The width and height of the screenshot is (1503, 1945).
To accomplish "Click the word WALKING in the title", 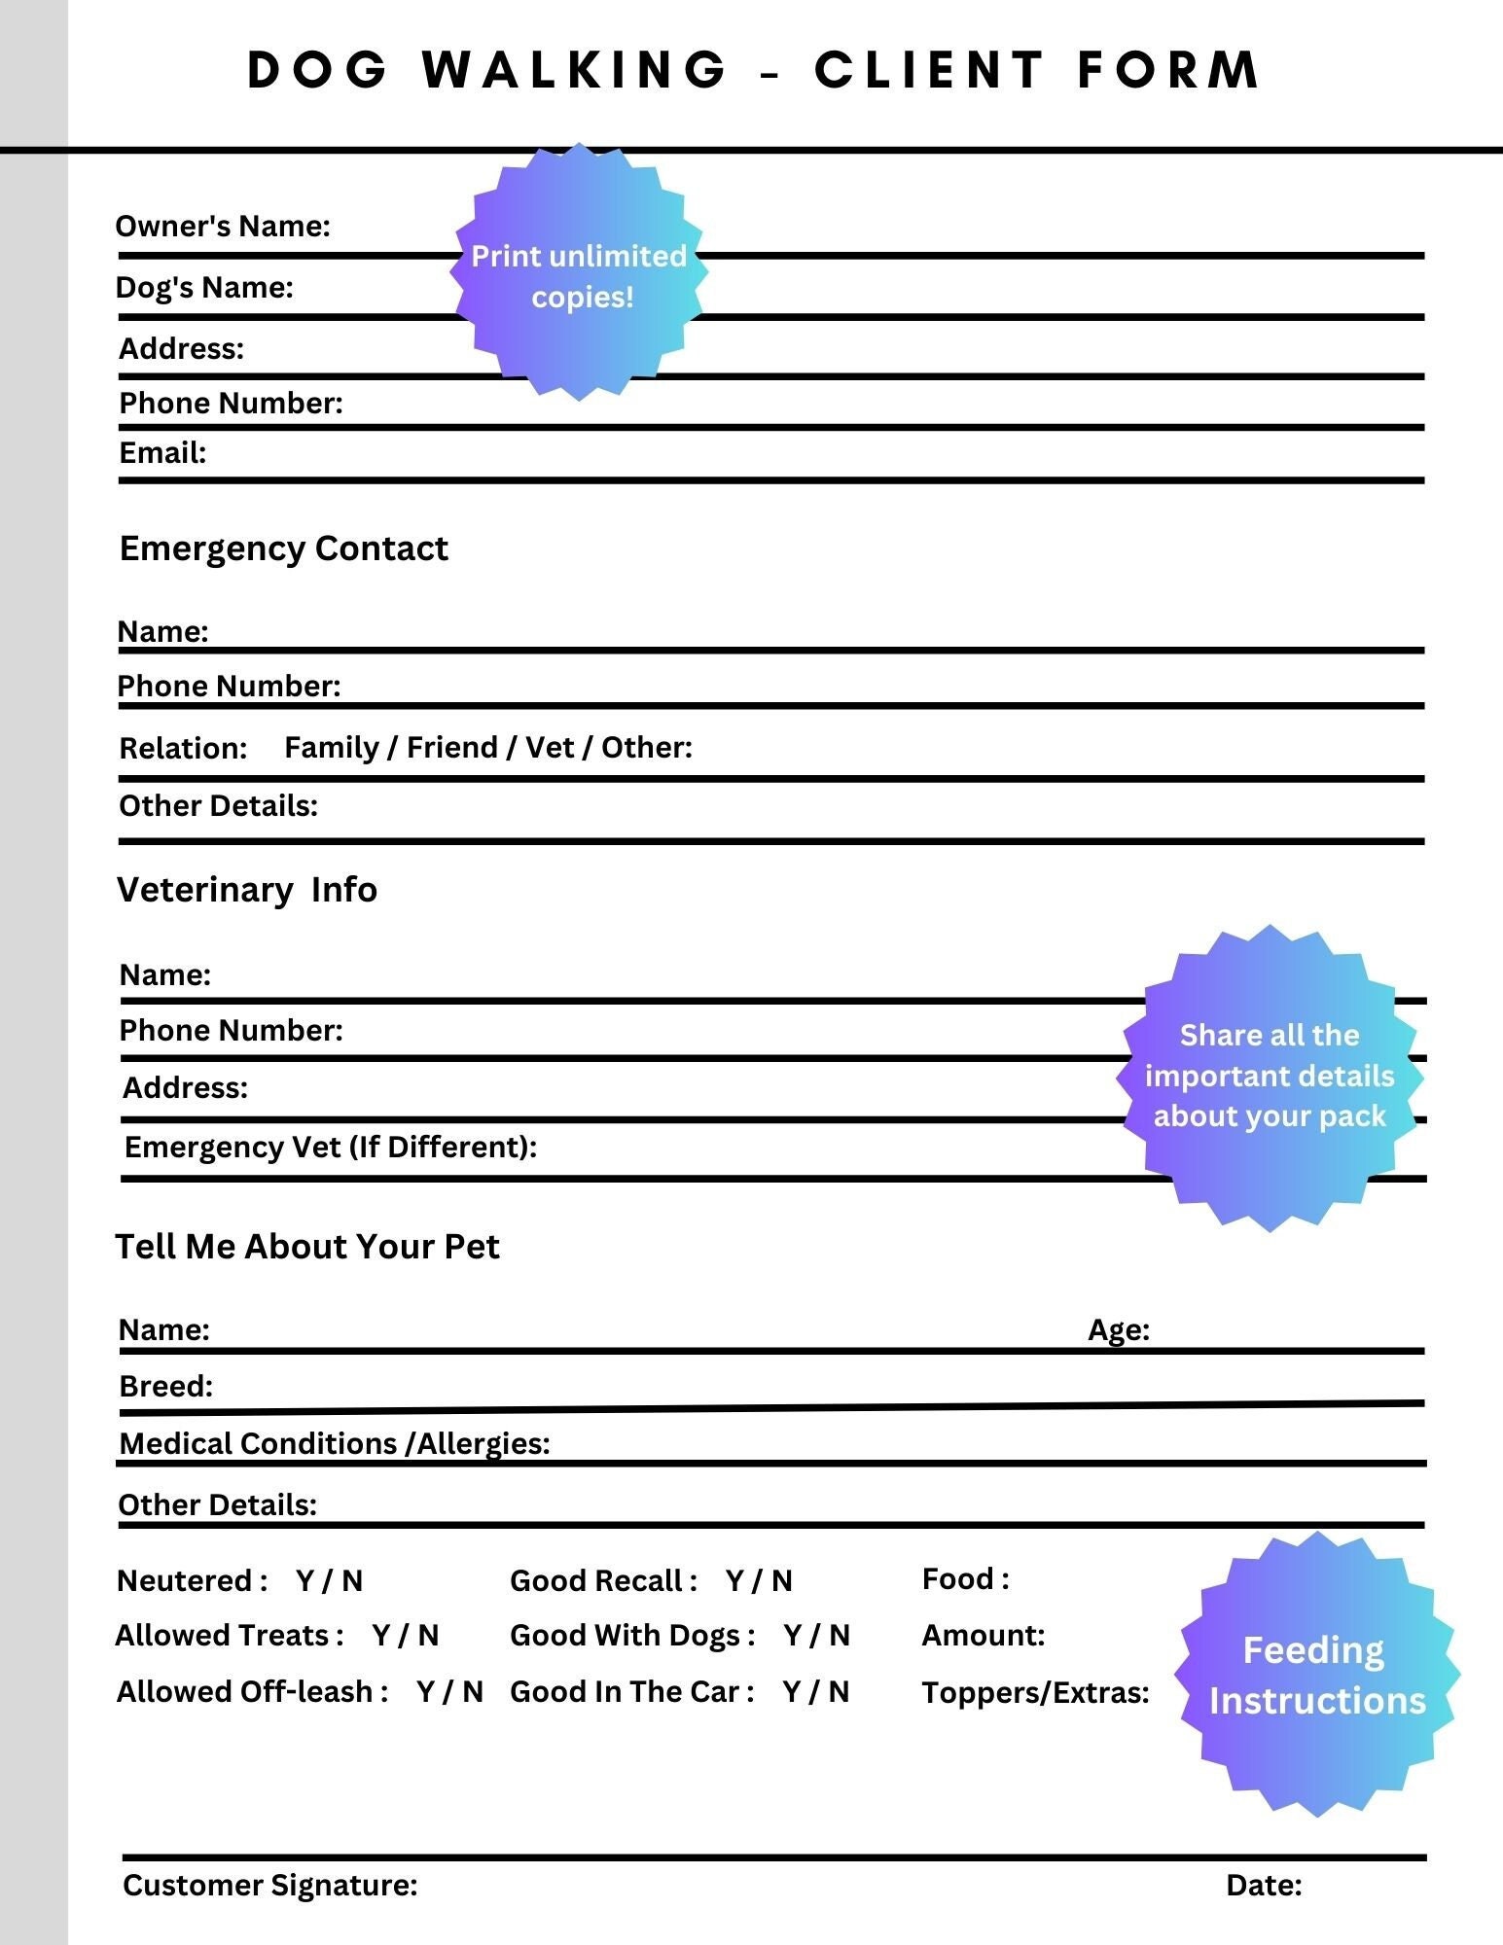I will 574,70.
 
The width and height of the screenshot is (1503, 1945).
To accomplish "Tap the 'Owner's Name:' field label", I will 223,227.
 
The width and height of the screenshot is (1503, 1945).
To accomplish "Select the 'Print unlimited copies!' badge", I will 580,275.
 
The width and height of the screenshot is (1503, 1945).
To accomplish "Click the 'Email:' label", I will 162,453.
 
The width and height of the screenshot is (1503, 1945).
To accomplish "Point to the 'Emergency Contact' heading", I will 283,548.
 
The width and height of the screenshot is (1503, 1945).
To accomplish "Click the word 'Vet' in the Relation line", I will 549,748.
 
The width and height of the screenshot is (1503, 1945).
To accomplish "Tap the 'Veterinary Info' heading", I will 247,890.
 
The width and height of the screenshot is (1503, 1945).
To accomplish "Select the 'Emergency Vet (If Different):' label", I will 331,1148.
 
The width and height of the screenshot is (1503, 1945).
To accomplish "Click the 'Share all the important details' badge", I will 1270,1077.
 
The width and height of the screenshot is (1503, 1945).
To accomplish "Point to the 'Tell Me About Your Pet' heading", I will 307,1247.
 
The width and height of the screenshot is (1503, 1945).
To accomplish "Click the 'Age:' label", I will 1119,1329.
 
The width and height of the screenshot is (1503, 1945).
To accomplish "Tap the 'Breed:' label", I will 166,1386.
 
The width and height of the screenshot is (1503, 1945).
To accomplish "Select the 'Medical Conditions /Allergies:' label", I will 335,1444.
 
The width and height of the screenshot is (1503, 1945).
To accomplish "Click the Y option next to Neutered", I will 305,1581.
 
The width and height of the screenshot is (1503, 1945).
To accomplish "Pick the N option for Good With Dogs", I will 840,1636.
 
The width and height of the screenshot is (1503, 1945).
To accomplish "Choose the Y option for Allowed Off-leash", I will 426,1692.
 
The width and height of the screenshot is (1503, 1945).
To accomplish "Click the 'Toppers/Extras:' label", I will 1035,1693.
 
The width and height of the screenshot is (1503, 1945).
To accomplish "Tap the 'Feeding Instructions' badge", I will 1316,1675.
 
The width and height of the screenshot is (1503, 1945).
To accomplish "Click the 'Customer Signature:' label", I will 270,1885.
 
